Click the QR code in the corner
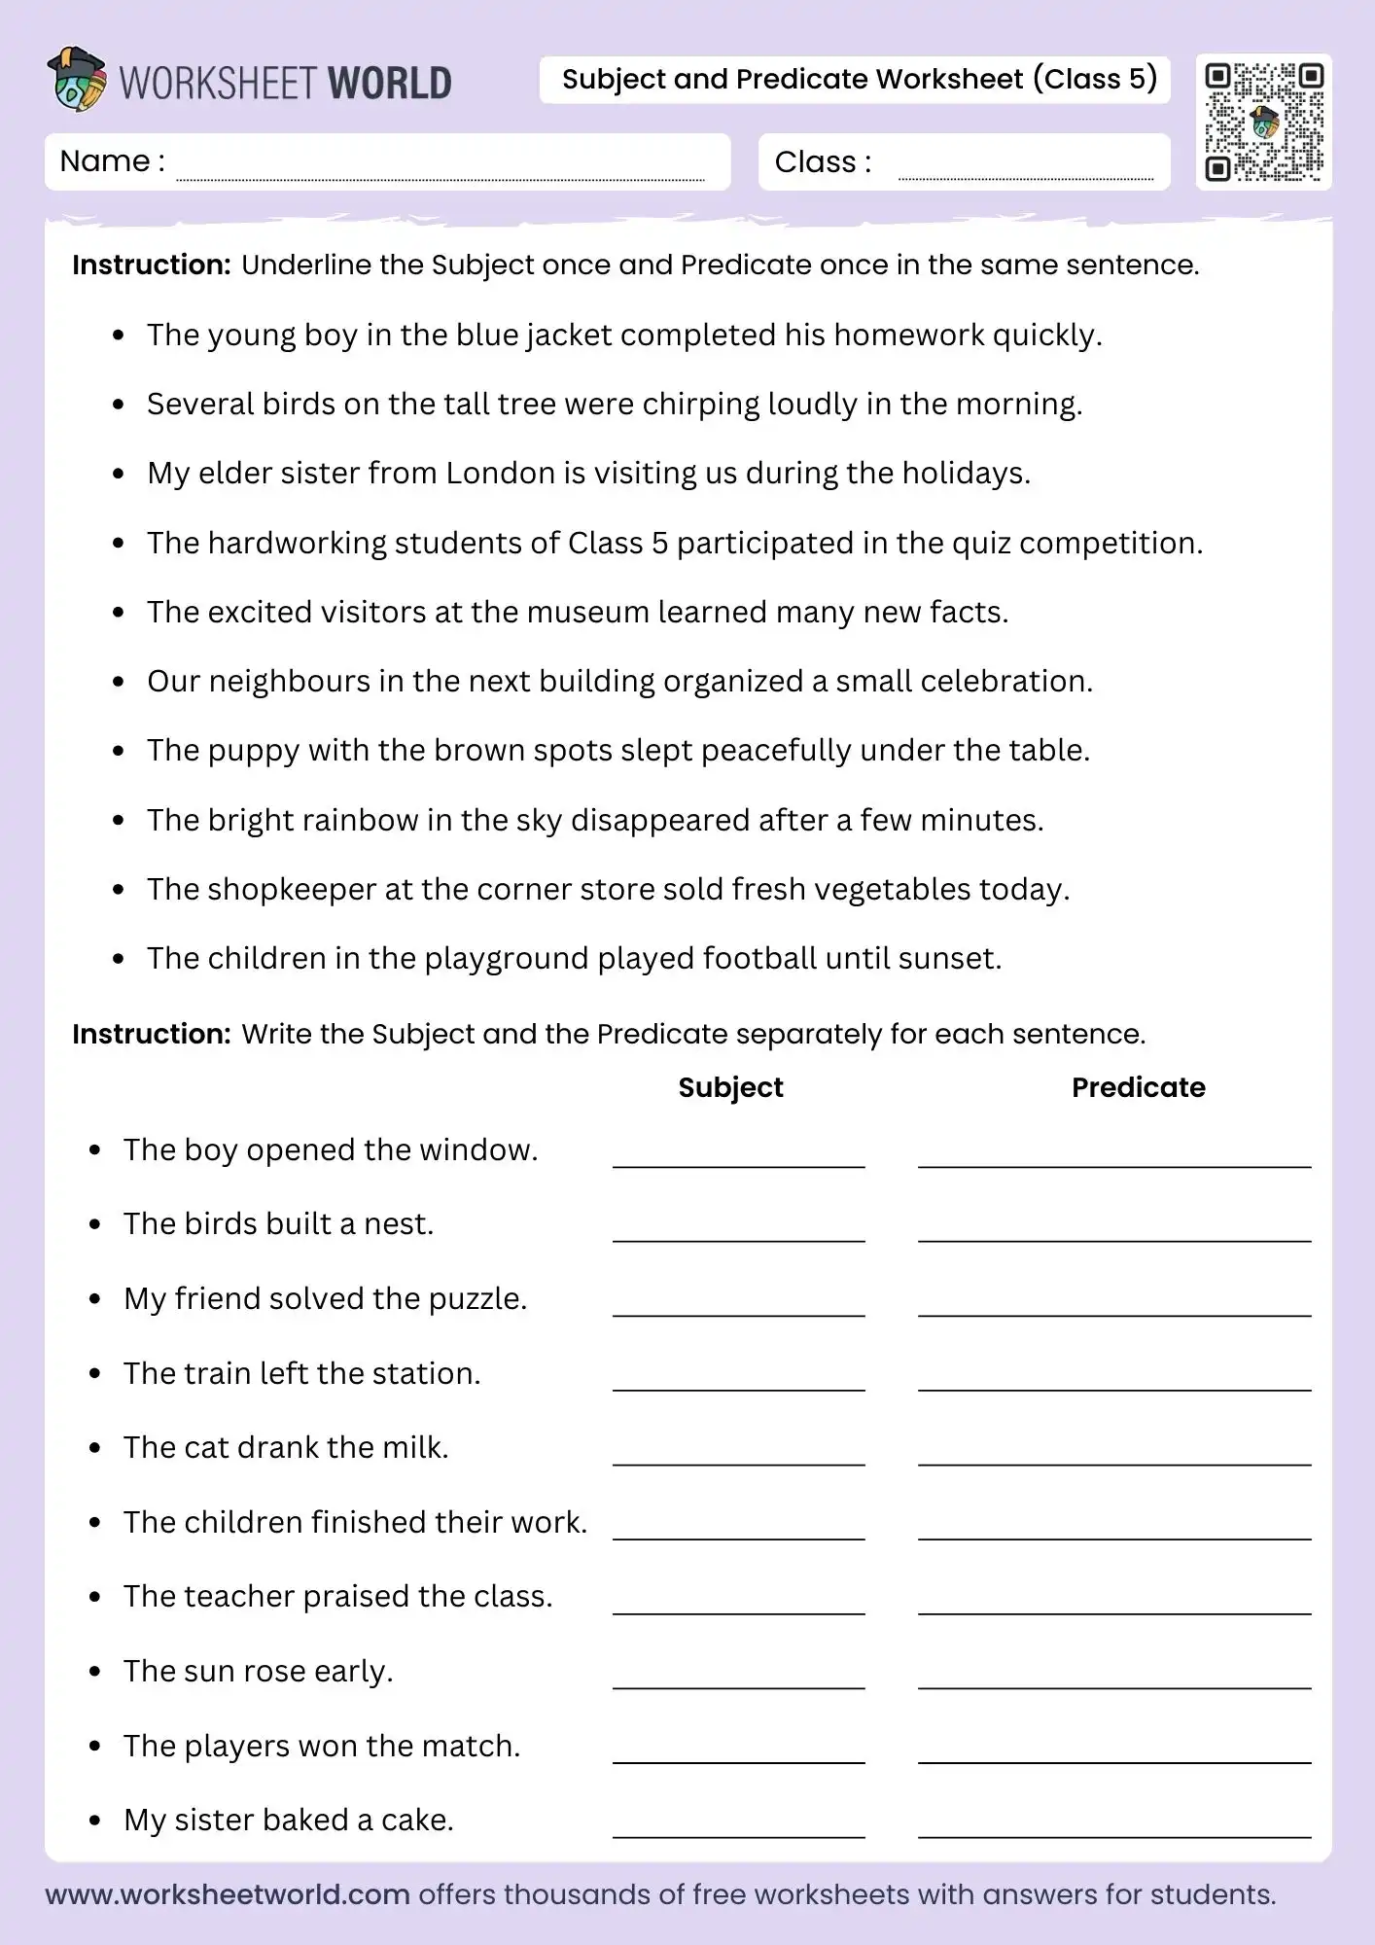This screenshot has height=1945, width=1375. pos(1263,123)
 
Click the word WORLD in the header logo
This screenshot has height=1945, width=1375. pos(389,84)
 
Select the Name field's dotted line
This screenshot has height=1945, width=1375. pos(440,177)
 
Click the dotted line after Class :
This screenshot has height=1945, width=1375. pos(1025,177)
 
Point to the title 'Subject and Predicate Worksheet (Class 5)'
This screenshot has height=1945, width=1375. pos(859,79)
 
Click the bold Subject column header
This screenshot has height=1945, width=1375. pos(730,1087)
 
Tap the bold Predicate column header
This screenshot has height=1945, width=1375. pos(1138,1087)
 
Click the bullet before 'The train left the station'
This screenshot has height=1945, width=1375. pos(94,1374)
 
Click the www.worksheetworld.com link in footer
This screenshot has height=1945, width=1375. pos(228,1894)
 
